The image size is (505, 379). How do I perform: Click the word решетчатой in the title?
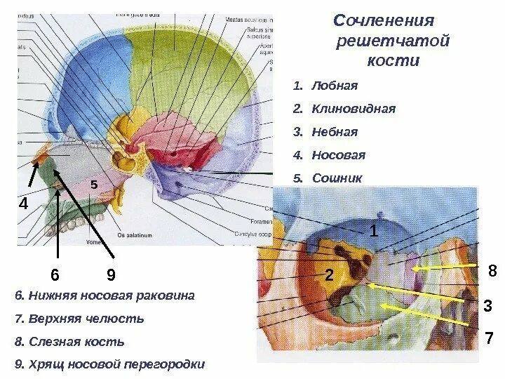point(393,41)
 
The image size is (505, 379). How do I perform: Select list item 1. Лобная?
point(325,86)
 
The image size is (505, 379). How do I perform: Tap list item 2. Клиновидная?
point(344,109)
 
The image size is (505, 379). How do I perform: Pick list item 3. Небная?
point(325,131)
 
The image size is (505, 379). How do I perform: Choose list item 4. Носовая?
point(329,154)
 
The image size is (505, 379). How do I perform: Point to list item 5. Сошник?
point(328,178)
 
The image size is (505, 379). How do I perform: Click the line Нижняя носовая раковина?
point(105,295)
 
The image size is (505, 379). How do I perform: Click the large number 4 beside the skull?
point(23,205)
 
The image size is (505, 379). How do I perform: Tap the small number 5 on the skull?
point(93,184)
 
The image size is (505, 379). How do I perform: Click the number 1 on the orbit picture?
point(374,230)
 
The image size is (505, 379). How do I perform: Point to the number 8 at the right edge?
point(492,270)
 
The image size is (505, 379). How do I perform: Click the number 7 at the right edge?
point(490,339)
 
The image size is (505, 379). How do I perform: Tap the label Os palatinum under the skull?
point(135,235)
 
